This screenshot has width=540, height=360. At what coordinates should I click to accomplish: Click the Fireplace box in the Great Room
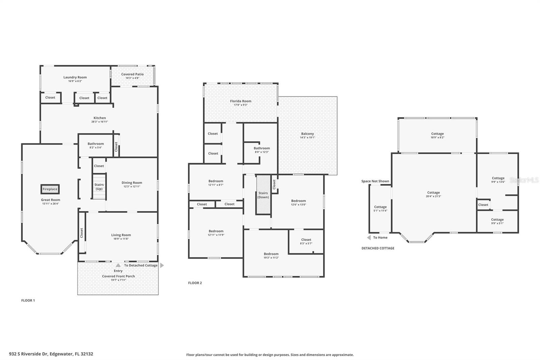click(x=50, y=189)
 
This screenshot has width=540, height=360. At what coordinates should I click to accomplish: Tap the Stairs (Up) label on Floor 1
click(x=99, y=187)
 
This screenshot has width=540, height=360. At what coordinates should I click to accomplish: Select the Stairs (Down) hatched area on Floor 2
click(x=263, y=195)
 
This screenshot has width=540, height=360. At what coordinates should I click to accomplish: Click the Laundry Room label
click(x=75, y=77)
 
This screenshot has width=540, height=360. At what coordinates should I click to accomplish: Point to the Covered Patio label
click(x=132, y=74)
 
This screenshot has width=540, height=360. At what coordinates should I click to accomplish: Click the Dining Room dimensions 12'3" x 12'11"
click(x=132, y=186)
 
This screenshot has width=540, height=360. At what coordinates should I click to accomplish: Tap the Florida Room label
click(x=241, y=101)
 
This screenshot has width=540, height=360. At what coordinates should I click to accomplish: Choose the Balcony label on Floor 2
click(x=307, y=134)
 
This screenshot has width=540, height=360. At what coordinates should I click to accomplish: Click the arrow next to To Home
click(x=369, y=238)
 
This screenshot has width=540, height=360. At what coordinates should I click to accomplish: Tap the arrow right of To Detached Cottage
click(x=162, y=265)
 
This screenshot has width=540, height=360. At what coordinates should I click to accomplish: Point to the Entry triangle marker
click(x=118, y=265)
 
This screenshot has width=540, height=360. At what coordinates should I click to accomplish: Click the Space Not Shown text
click(x=375, y=181)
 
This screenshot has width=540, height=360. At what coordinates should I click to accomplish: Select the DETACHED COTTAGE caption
click(x=378, y=248)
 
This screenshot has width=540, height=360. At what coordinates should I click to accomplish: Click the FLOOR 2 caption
click(x=195, y=283)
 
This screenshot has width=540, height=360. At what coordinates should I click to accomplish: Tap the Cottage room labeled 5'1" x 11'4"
click(x=380, y=208)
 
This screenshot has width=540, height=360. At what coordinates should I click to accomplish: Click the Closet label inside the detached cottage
click(x=483, y=205)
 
